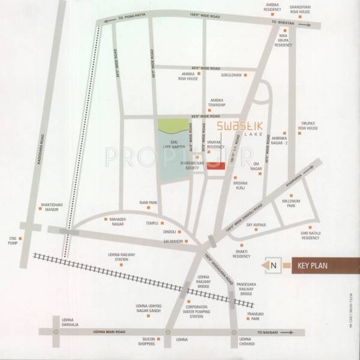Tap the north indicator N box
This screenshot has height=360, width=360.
click(273, 265)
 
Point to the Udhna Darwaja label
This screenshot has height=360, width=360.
click(70, 321)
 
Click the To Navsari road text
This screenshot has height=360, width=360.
click(269, 331)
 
